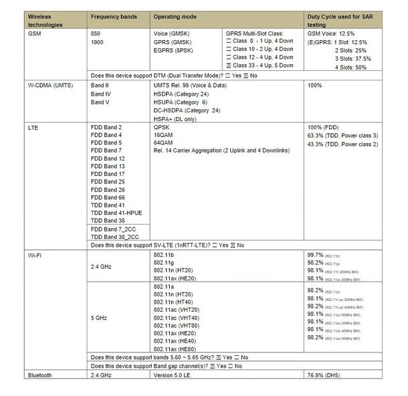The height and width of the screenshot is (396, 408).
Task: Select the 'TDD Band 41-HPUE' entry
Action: (115, 213)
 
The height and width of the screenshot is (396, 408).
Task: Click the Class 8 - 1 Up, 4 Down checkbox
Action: (227, 41)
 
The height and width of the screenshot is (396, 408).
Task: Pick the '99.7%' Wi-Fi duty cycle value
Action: (316, 256)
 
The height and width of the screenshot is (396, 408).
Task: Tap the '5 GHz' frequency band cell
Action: (100, 318)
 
